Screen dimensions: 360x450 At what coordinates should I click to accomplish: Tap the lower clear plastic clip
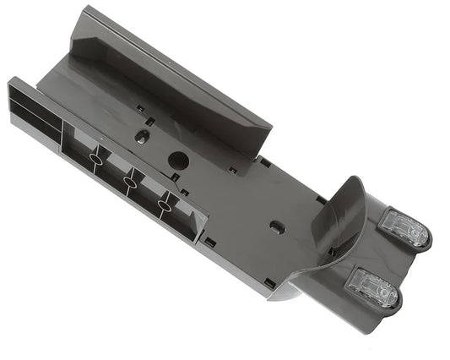pos(372,286)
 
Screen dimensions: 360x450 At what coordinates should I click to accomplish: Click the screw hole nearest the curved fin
pos(276,227)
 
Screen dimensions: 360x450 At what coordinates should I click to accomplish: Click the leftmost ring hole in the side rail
pos(95,158)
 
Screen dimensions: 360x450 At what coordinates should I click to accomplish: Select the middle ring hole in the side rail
pos(129,181)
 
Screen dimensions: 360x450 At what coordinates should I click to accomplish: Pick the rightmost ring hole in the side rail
pos(165,204)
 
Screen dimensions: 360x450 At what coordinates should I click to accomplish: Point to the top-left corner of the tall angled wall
pos(85,10)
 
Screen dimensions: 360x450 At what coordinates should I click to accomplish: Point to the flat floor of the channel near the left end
pos(80,80)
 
